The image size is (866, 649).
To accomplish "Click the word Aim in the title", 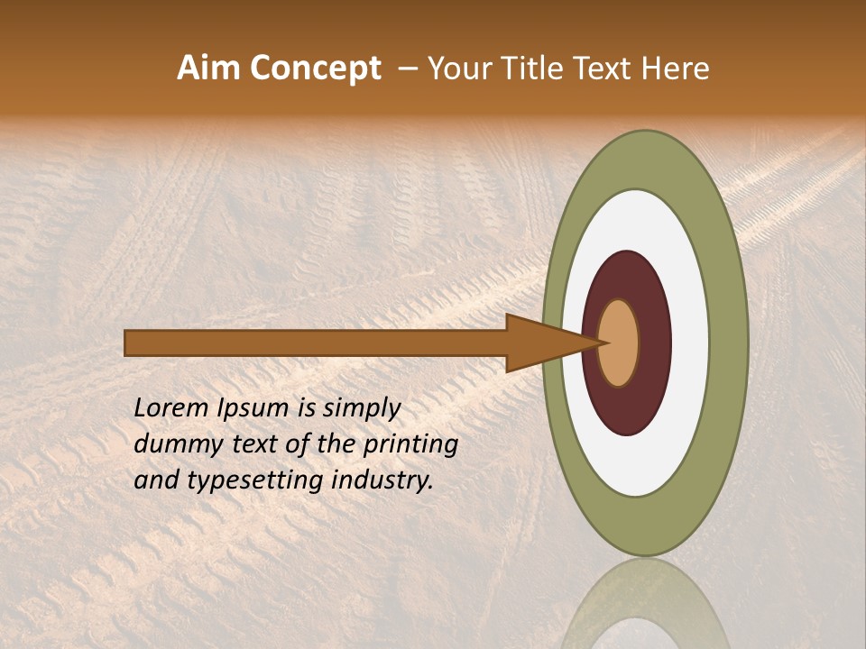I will click(209, 69).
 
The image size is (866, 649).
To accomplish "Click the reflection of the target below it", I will click(644, 604).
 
